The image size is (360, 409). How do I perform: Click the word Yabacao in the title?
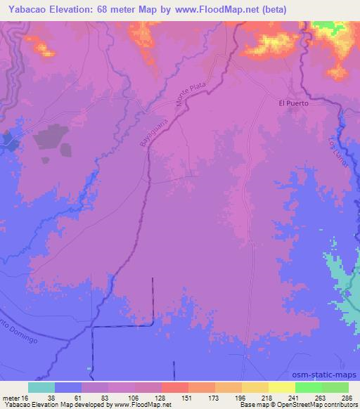[x=27, y=8]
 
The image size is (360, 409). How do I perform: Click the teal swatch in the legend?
[x=41, y=387]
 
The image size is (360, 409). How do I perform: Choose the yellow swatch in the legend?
[x=281, y=387]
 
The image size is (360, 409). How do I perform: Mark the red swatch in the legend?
[x=174, y=387]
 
